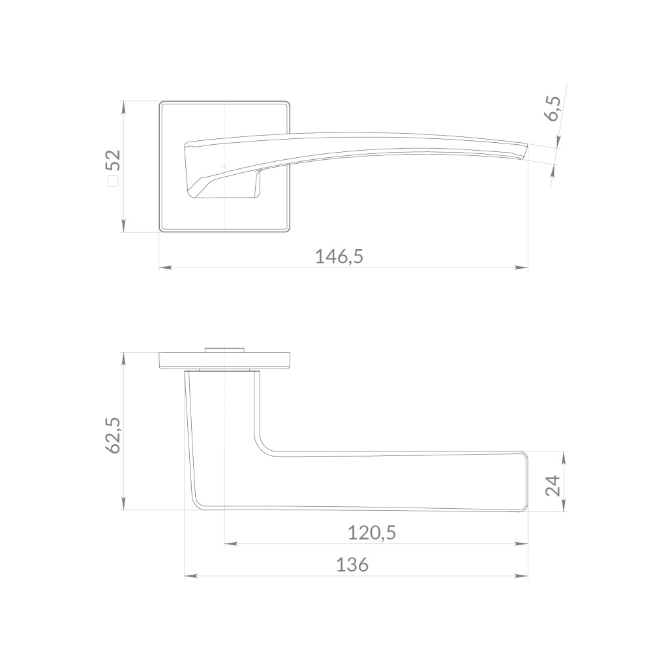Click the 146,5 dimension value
point(339,257)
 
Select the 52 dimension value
point(114,160)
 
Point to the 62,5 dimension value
point(113,435)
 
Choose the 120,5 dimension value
point(372,533)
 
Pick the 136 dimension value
point(352,565)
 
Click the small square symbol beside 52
point(113,181)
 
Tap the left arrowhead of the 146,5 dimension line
point(166,268)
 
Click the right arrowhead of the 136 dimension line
point(521,577)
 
